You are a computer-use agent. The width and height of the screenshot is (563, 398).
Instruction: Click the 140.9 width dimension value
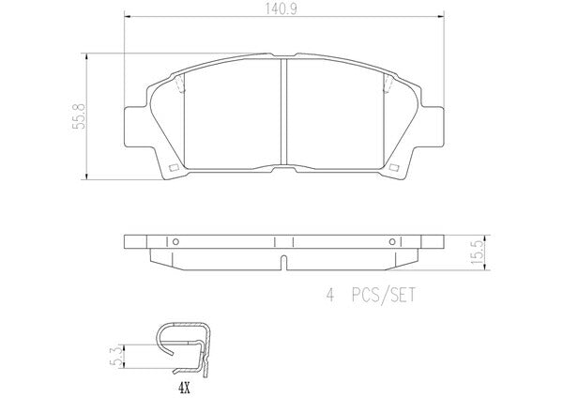281,9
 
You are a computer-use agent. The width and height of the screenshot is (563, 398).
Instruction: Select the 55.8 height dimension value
79,116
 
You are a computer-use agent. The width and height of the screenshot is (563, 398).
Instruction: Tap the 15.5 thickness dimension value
478,253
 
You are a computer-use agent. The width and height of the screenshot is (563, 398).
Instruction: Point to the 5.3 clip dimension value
115,357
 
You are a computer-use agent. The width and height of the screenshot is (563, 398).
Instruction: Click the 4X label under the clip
184,388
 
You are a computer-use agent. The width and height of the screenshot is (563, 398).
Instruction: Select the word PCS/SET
384,296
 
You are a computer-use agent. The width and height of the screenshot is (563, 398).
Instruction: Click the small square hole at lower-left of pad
175,168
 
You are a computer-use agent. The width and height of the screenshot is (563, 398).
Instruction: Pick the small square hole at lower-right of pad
394,168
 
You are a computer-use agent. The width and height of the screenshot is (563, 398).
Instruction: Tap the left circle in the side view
175,242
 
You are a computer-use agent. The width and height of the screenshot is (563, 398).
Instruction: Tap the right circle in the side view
392,242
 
